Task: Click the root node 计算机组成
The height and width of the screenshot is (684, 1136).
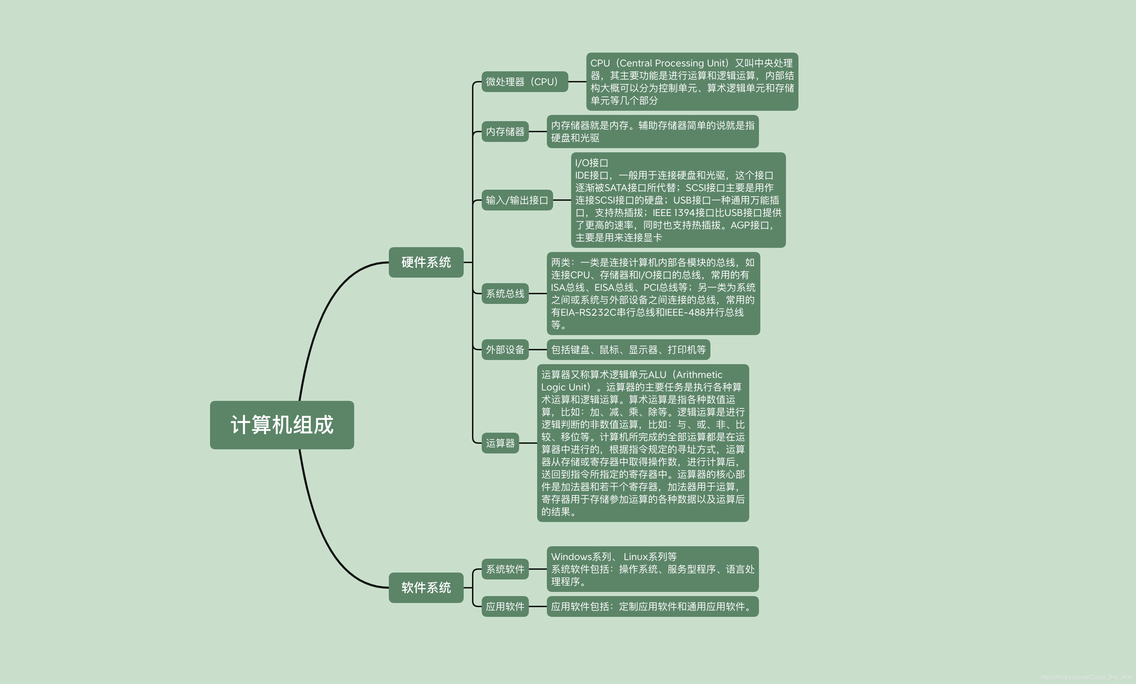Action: (x=282, y=425)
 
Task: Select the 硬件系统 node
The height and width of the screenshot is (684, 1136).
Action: (x=426, y=262)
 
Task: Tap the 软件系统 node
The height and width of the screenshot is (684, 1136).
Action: (x=426, y=587)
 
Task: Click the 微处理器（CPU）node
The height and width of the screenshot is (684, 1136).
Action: (x=524, y=82)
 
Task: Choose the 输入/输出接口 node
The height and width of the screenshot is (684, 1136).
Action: (x=517, y=200)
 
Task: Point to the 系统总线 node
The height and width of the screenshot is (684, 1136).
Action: (x=505, y=294)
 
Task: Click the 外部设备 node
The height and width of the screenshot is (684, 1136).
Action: (x=505, y=350)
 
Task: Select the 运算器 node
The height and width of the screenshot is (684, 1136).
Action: (x=500, y=443)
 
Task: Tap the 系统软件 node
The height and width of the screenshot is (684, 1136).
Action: (x=505, y=569)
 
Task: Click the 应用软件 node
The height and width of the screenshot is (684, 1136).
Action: (x=505, y=606)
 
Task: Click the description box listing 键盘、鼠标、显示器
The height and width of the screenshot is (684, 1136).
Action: (x=628, y=350)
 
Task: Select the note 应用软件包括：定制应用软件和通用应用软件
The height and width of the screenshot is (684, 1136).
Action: (x=652, y=606)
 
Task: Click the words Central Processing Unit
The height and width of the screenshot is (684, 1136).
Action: (x=673, y=63)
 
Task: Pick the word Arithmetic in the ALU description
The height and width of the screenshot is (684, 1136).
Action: (x=699, y=375)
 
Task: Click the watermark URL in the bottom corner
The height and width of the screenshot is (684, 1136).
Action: (x=1086, y=677)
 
